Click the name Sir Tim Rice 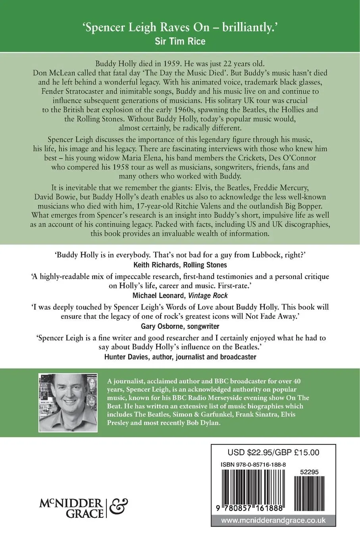[180, 41]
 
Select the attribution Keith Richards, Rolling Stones [180, 264]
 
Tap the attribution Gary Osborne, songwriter [180, 326]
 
